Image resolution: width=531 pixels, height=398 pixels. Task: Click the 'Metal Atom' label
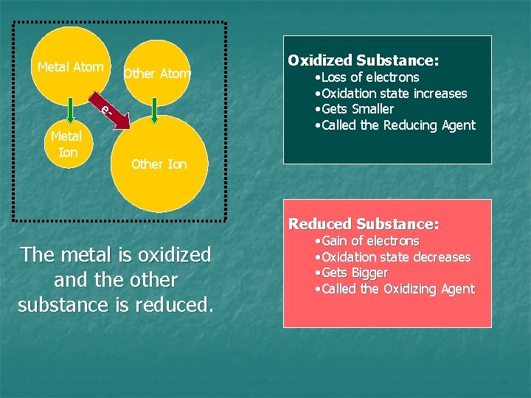click(70, 67)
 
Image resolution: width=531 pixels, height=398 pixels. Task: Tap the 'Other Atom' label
click(157, 73)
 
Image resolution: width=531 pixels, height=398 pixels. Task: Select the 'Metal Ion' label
click(66, 144)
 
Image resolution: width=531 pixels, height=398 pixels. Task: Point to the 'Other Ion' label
click(159, 164)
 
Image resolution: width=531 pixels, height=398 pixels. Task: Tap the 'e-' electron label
click(105, 111)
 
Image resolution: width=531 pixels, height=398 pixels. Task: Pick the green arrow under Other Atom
click(153, 110)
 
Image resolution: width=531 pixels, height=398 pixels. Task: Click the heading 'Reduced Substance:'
click(363, 223)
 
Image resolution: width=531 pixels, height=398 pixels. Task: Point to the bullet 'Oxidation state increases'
click(390, 94)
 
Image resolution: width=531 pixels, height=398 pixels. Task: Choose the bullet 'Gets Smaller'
click(354, 109)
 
